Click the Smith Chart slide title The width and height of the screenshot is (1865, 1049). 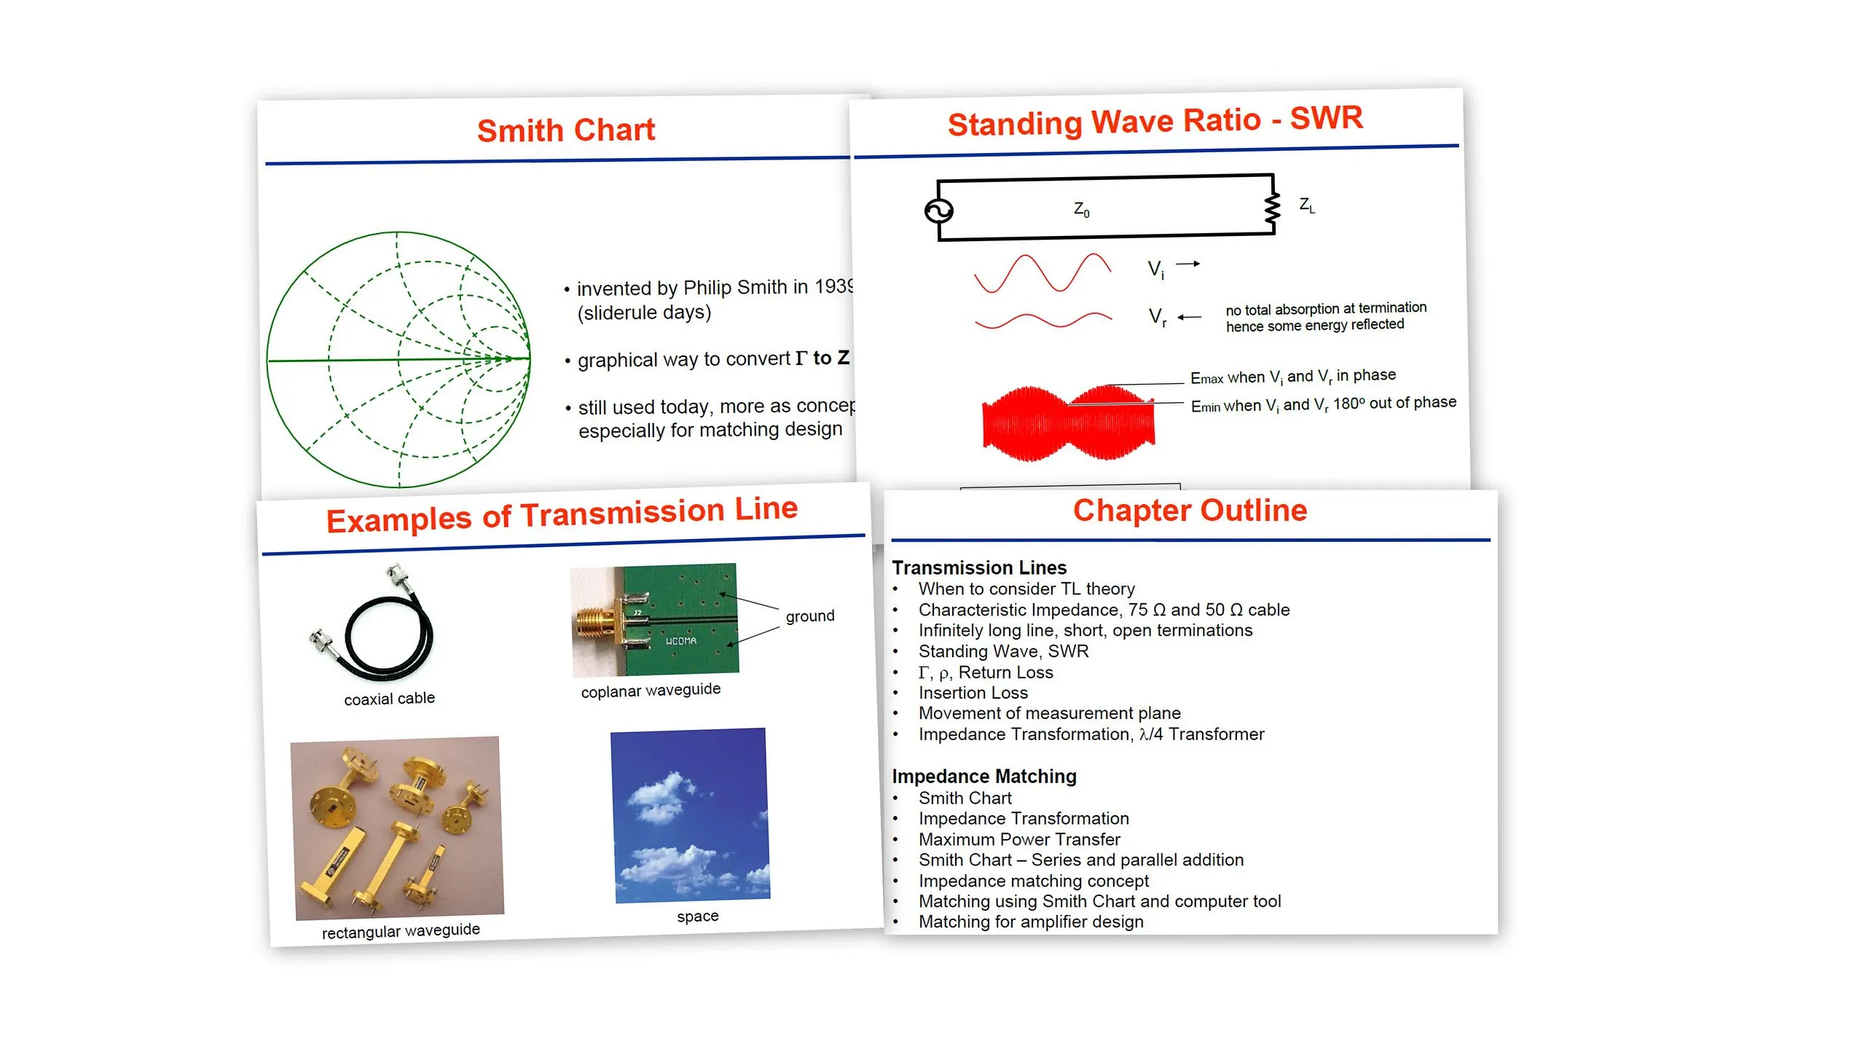pyautogui.click(x=566, y=130)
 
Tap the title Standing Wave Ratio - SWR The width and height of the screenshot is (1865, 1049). pyautogui.click(x=1155, y=120)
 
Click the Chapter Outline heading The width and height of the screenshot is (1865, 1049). pyautogui.click(x=1190, y=511)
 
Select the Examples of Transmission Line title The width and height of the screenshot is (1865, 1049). pyautogui.click(x=562, y=514)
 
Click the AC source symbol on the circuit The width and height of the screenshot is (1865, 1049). pyautogui.click(x=938, y=211)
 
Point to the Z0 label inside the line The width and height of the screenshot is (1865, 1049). pyautogui.click(x=1081, y=210)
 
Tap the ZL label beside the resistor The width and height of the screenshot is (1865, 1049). pyautogui.click(x=1307, y=205)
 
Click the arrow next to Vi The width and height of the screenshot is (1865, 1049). pyautogui.click(x=1187, y=264)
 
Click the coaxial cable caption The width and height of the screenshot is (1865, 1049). pyautogui.click(x=389, y=699)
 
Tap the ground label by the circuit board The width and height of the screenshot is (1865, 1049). pyautogui.click(x=809, y=616)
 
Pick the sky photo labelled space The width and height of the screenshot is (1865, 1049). pyautogui.click(x=690, y=814)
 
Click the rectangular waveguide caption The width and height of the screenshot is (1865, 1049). pyautogui.click(x=401, y=931)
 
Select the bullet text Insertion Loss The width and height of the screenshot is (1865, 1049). pyautogui.click(x=973, y=693)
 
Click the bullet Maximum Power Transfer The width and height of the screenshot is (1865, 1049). pyautogui.click(x=1018, y=839)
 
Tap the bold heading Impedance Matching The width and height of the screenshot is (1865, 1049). pyautogui.click(x=983, y=777)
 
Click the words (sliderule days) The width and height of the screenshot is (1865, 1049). pyautogui.click(x=644, y=313)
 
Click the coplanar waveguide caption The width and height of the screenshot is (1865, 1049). pyautogui.click(x=651, y=690)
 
